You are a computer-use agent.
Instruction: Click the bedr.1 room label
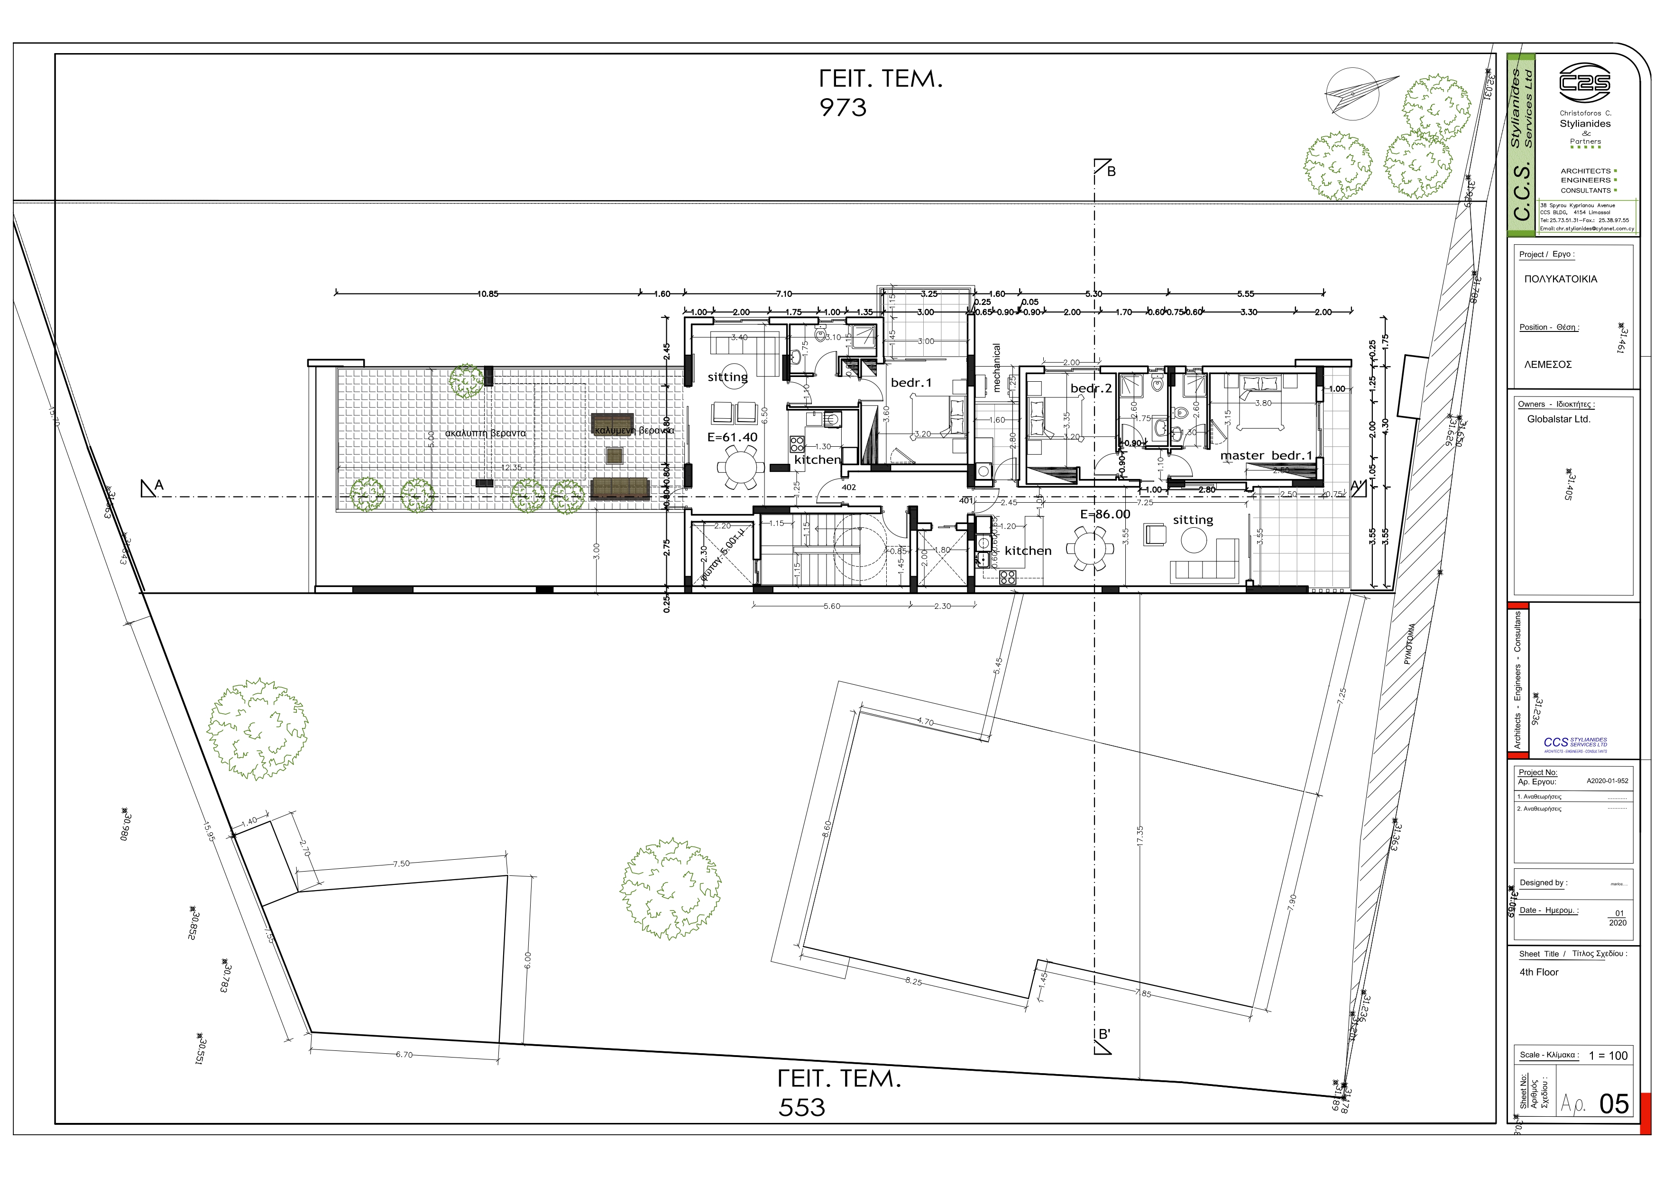[x=911, y=383]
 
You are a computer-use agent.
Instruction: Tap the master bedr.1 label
[x=1266, y=456]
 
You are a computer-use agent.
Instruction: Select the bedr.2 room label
[x=1091, y=388]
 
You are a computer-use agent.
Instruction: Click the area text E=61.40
[x=732, y=438]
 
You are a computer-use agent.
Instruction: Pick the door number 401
[x=966, y=501]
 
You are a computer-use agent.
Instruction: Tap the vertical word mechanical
[x=996, y=368]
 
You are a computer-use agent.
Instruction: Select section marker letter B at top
[x=1111, y=172]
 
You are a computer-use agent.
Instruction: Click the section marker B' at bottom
[x=1104, y=1034]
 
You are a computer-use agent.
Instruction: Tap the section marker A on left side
[x=159, y=486]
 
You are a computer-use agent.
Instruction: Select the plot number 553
[x=801, y=1107]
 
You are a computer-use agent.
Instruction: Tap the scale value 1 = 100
[x=1608, y=1056]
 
